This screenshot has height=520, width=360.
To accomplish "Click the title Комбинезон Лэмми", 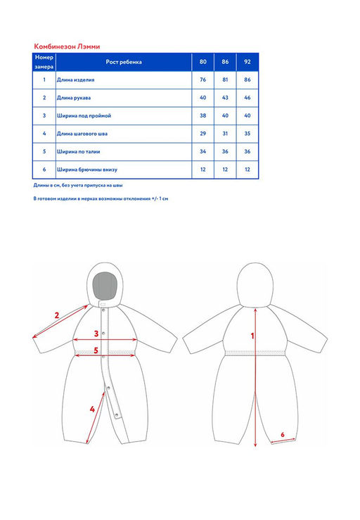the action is tap(67, 46).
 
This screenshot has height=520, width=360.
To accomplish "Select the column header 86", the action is tap(225, 62).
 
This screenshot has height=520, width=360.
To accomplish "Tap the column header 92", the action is tap(247, 62).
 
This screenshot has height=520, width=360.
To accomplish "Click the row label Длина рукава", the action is tap(74, 98).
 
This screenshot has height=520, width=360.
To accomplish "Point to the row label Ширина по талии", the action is tap(78, 151).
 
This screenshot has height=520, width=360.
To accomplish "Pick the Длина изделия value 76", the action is tap(203, 80).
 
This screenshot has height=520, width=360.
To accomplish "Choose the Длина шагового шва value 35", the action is tap(247, 134).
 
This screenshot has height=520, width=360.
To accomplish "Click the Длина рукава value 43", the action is tap(225, 98).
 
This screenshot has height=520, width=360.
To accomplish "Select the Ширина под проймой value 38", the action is tap(203, 115).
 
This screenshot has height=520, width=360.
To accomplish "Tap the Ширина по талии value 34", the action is tap(203, 151).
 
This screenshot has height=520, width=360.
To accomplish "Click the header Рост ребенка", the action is tap(124, 62).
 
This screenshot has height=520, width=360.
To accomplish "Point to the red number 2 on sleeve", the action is tap(57, 315).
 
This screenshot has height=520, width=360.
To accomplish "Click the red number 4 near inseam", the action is tap(92, 410).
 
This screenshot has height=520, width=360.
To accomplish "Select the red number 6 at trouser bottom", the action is tap(283, 435).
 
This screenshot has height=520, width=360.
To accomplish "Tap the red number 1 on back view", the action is tap(252, 336).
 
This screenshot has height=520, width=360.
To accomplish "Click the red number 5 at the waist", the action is tap(96, 350).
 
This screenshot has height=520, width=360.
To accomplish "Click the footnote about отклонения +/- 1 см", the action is tap(101, 199).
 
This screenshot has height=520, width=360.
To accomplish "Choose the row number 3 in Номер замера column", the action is tap(44, 115).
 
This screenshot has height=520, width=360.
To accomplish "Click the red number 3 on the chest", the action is tap(96, 334).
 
